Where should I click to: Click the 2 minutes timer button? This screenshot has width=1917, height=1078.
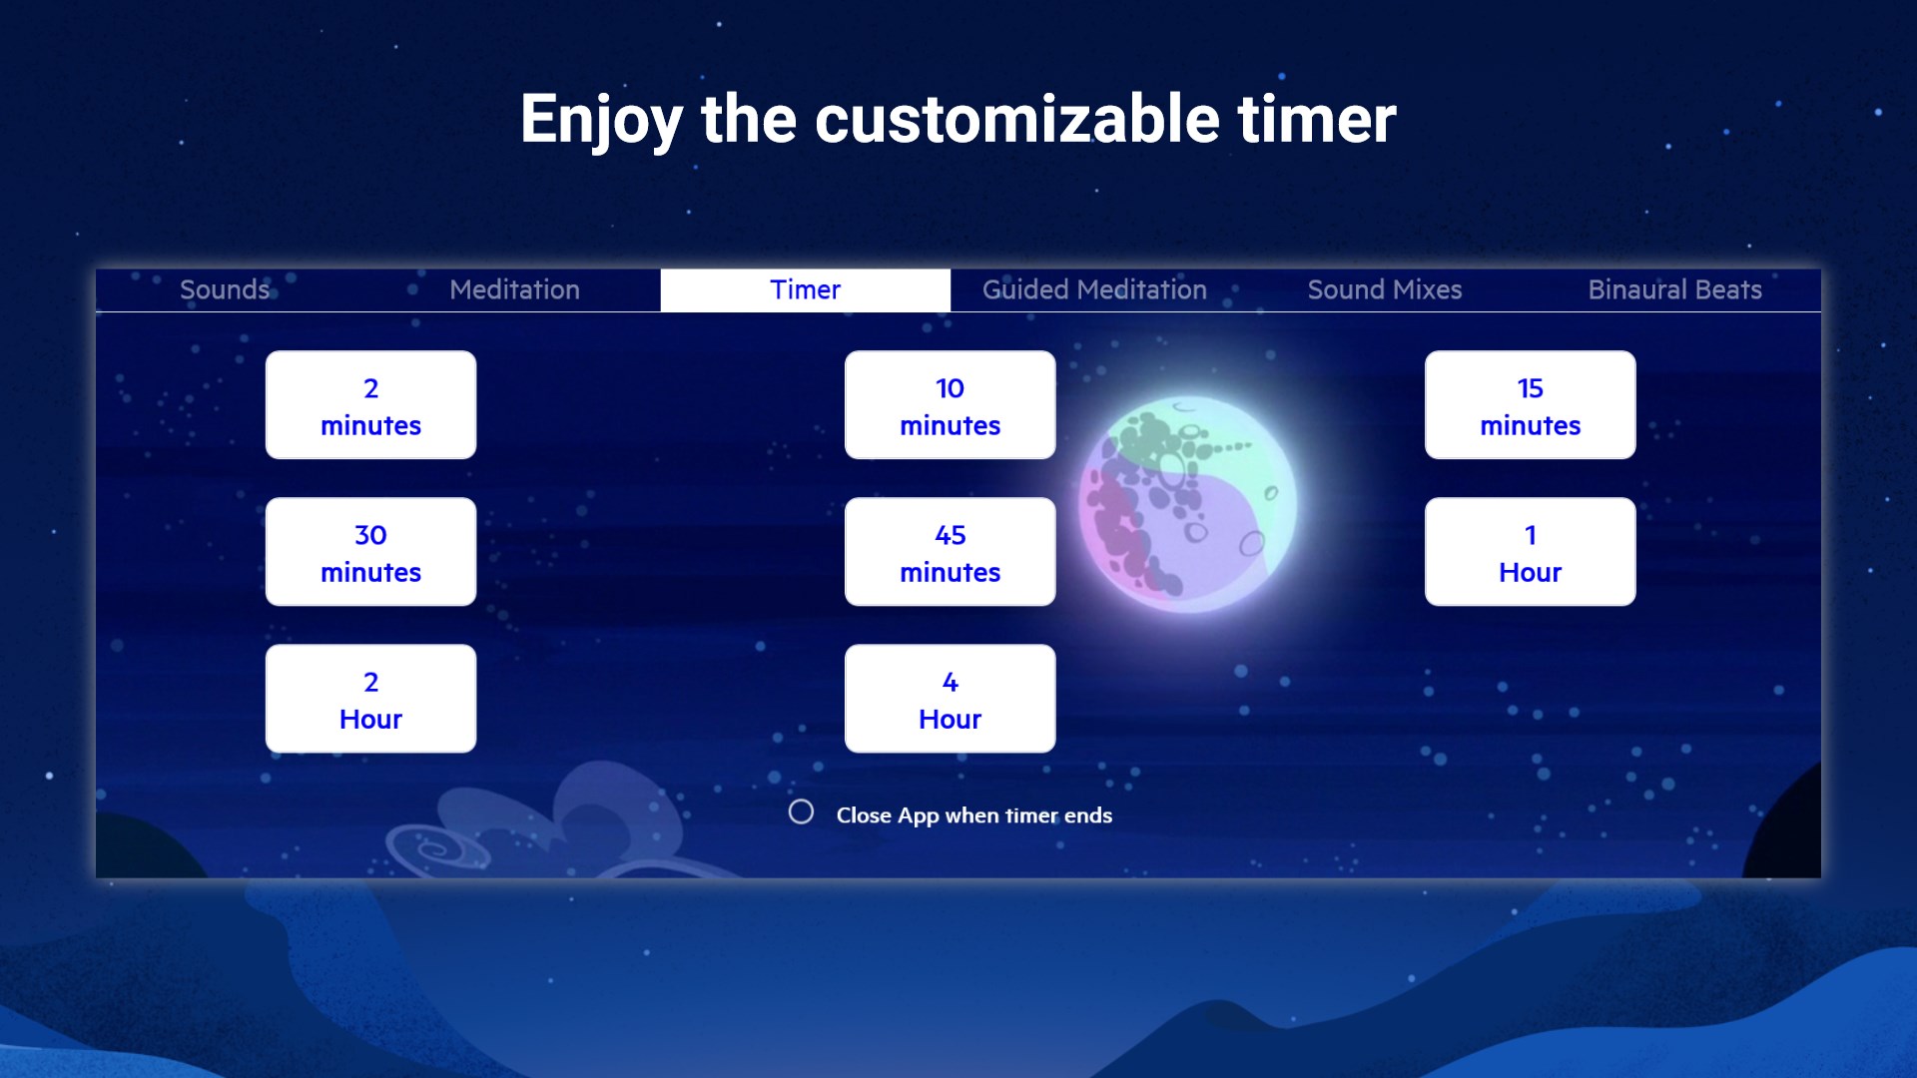coord(370,405)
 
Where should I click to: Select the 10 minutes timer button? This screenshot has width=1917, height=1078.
coord(950,405)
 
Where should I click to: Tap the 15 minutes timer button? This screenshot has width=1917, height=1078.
coord(1530,405)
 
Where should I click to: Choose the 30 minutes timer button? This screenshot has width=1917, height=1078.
coord(370,552)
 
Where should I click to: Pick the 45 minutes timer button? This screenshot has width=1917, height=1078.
coord(950,552)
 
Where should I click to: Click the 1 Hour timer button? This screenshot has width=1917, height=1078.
coord(1530,552)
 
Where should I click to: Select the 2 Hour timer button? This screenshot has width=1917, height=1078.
coord(370,699)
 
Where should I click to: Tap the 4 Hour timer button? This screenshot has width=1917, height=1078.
coord(950,699)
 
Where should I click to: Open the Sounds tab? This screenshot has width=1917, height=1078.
coord(225,289)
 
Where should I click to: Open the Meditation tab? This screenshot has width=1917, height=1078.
coord(514,289)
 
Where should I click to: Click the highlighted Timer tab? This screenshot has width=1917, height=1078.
coord(805,289)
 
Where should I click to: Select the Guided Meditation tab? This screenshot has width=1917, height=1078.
coord(1094,289)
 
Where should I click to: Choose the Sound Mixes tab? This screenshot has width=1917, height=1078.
coord(1385,289)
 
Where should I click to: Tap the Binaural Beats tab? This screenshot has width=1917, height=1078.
coord(1675,289)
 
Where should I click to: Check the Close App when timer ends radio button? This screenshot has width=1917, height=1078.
coord(801,811)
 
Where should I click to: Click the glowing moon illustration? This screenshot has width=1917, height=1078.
coord(1187,504)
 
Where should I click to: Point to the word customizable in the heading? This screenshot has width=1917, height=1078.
coord(1017,119)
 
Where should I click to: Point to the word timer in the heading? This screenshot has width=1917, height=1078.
coord(1317,119)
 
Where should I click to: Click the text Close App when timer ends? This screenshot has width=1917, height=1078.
coord(973,815)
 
